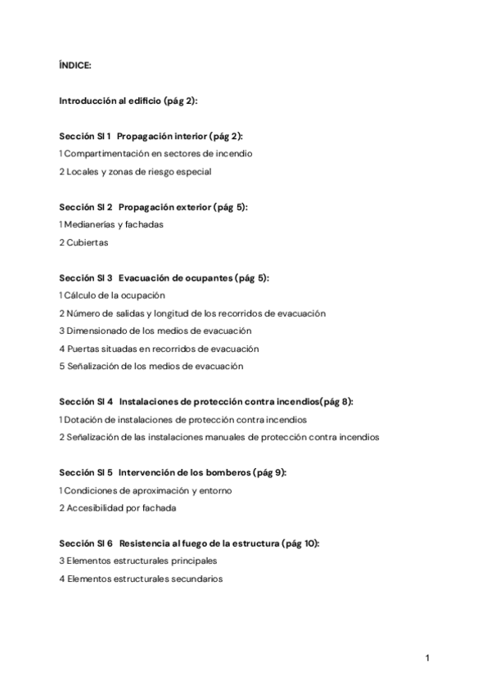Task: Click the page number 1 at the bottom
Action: [x=427, y=657]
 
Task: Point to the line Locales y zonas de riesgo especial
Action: [x=124, y=171]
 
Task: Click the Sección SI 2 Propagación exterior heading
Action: [x=153, y=207]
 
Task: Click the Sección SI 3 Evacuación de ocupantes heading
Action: [x=164, y=278]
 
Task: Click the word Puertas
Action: [x=82, y=349]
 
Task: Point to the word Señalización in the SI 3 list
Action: [x=94, y=367]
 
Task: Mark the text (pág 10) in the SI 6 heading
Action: [x=300, y=543]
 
